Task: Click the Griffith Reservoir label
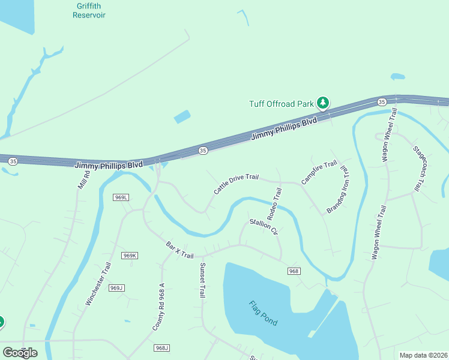[x=89, y=10]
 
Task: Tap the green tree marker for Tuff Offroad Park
[x=323, y=103]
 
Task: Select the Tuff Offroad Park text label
[x=281, y=104]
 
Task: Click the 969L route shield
[x=121, y=197]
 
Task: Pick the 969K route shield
[x=130, y=256]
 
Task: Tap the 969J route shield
[x=116, y=288]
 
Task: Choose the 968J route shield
[x=162, y=348]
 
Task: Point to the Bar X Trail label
[x=179, y=251]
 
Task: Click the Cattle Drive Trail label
[x=236, y=184]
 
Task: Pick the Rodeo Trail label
[x=274, y=203]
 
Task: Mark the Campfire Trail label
[x=319, y=172]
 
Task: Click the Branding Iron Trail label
[x=337, y=190]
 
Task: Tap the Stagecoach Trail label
[x=418, y=169]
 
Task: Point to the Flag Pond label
[x=263, y=313]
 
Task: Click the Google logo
[x=20, y=353]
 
